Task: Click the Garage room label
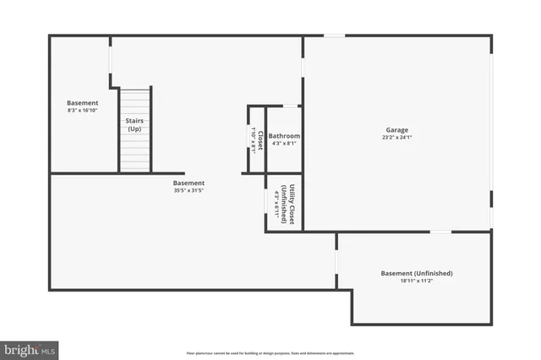pyautogui.click(x=397, y=129)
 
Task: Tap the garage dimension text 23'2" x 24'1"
pyautogui.click(x=397, y=137)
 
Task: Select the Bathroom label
pyautogui.click(x=284, y=136)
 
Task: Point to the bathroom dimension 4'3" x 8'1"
pyautogui.click(x=284, y=144)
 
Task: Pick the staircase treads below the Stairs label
pyautogui.click(x=134, y=153)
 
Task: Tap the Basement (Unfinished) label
pyautogui.click(x=417, y=274)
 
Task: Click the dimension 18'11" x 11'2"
pyautogui.click(x=417, y=282)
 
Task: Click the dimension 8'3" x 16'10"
pyautogui.click(x=83, y=110)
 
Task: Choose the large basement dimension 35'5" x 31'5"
pyautogui.click(x=189, y=190)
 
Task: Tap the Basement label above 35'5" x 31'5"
pyautogui.click(x=189, y=183)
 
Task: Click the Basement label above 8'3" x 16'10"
pyautogui.click(x=83, y=102)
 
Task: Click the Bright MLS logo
pyautogui.click(x=30, y=349)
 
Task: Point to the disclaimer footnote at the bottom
pyautogui.click(x=270, y=353)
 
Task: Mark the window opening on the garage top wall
pyautogui.click(x=335, y=35)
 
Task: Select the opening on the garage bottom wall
pyautogui.click(x=440, y=231)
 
